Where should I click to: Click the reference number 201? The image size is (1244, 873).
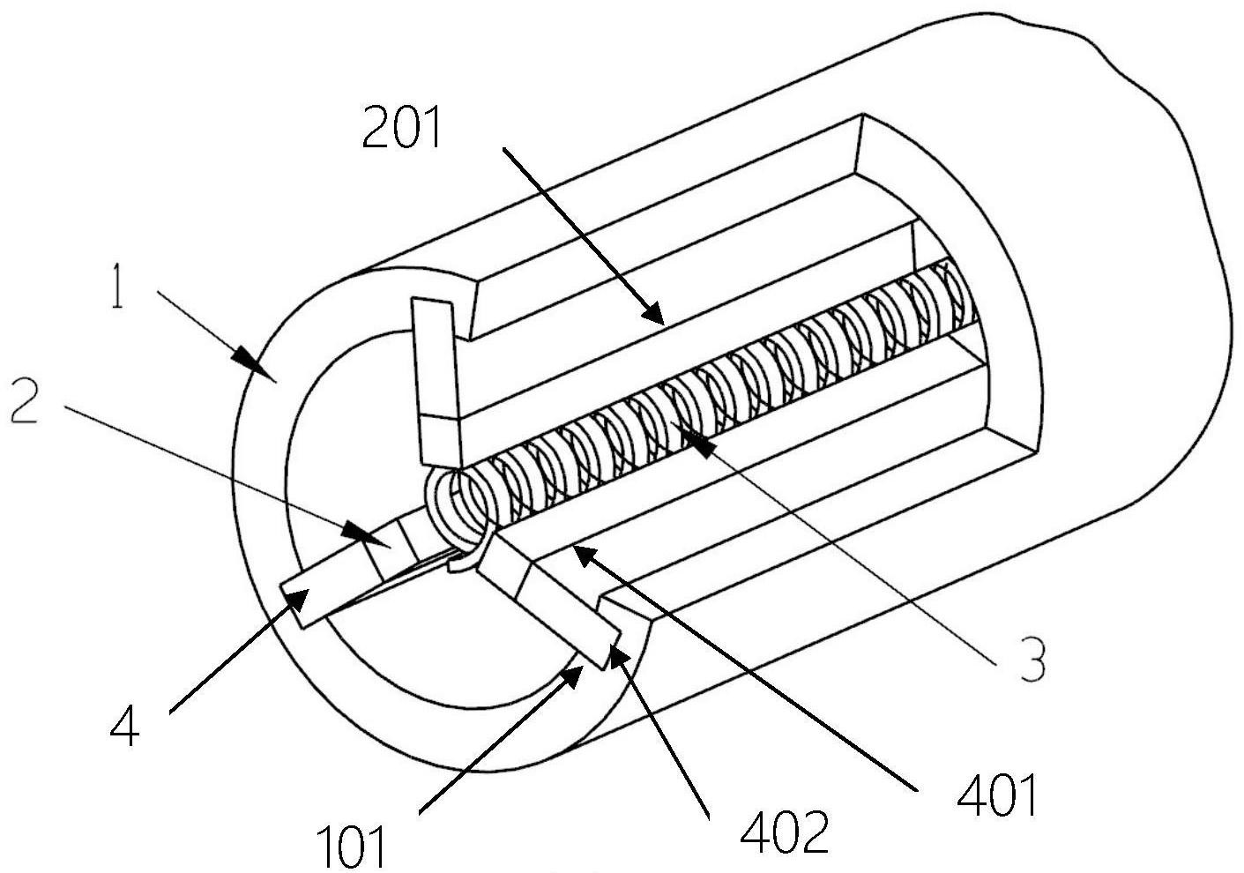click(401, 127)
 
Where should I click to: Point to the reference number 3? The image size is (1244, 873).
click(1032, 659)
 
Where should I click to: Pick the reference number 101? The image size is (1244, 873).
click(351, 845)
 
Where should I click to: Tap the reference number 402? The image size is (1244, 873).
click(785, 832)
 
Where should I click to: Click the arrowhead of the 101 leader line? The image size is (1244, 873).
click(572, 678)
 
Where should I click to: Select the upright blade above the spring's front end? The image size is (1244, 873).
click(437, 384)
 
